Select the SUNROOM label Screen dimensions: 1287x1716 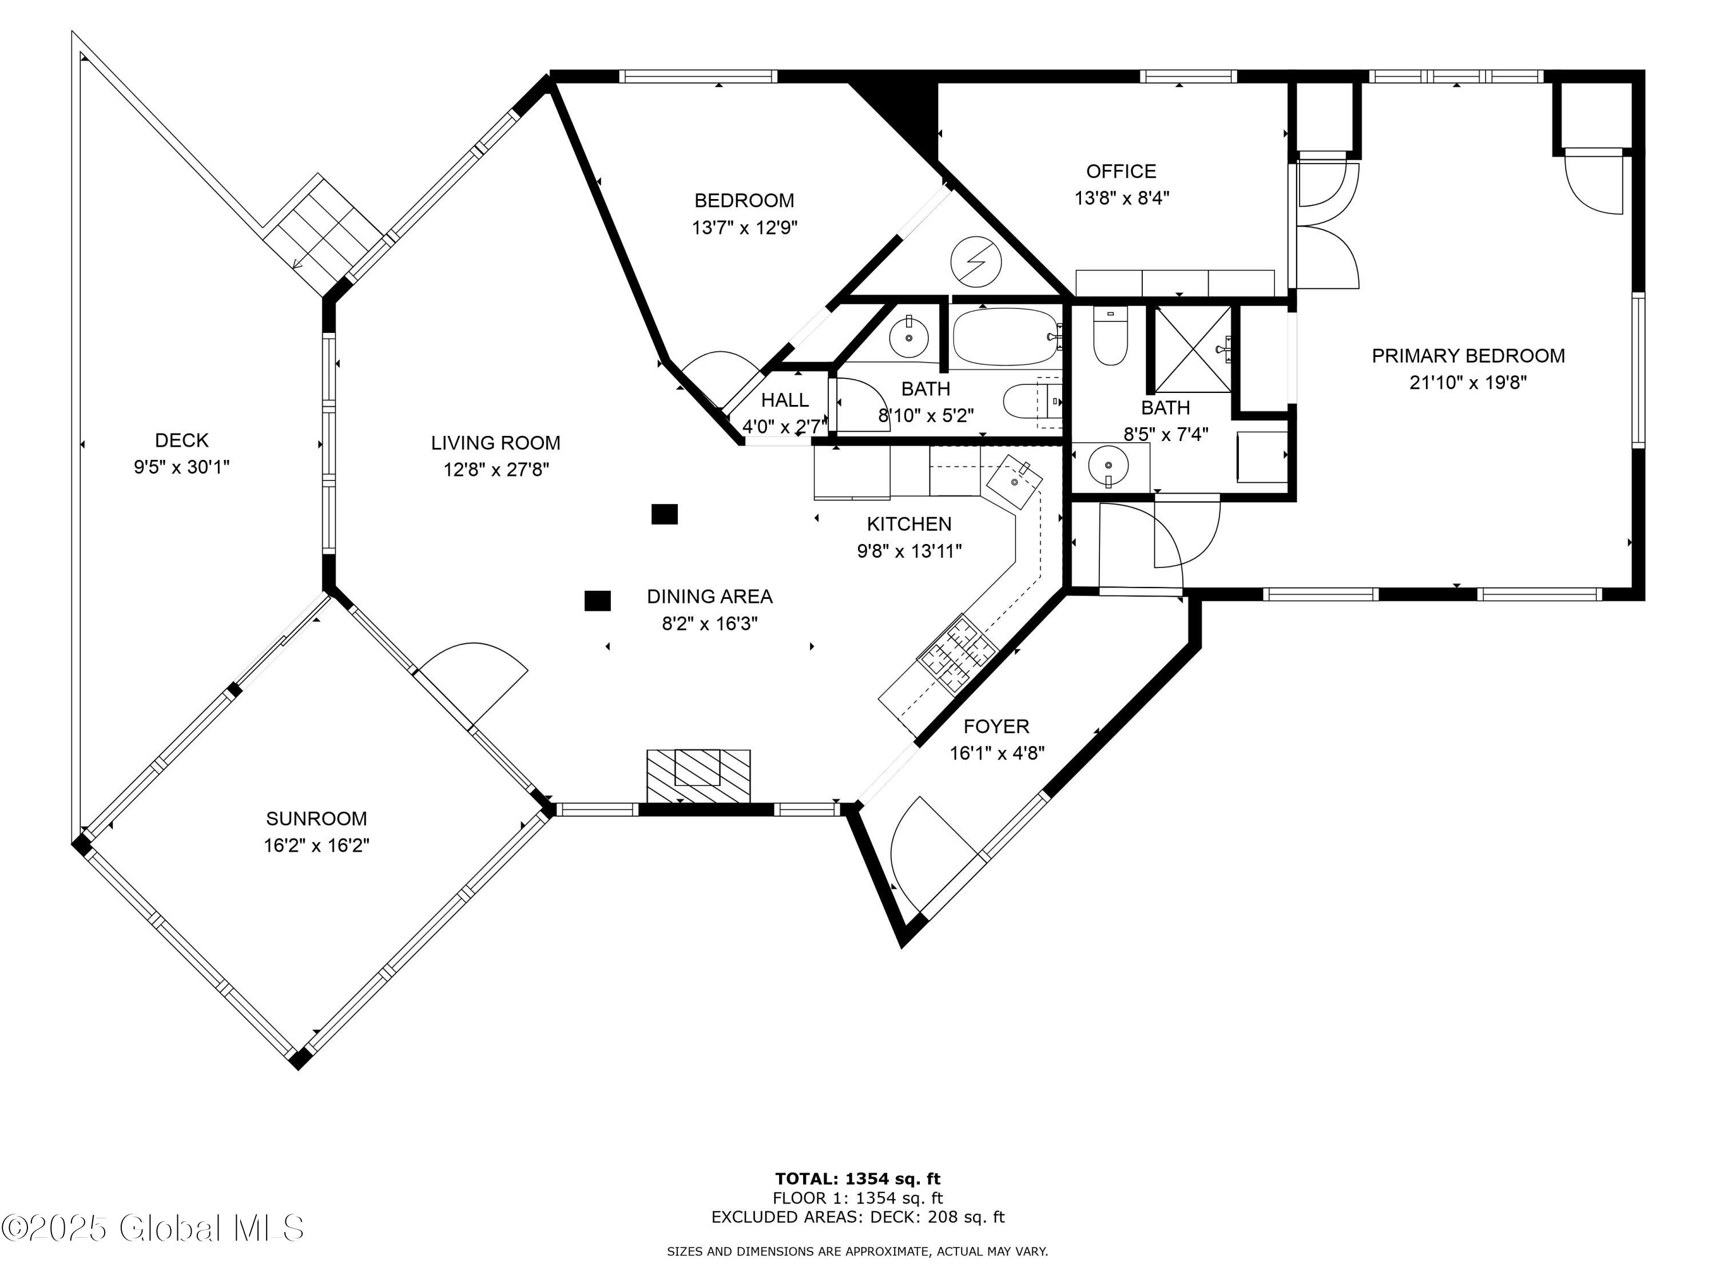(316, 819)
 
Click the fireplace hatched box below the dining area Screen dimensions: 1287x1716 (698, 775)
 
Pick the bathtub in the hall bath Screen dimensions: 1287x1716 (1004, 337)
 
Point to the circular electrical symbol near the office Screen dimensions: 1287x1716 (975, 262)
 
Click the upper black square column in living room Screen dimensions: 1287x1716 (664, 514)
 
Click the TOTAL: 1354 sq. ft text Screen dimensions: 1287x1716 (857, 1179)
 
